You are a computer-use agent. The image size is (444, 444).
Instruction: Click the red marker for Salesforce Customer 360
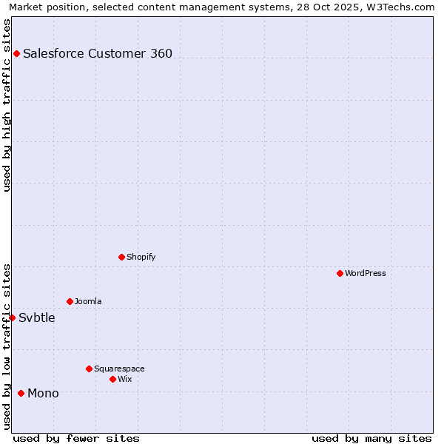(x=16, y=53)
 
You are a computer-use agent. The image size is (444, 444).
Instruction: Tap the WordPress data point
(x=340, y=273)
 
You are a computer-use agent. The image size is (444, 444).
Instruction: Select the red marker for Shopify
(x=121, y=257)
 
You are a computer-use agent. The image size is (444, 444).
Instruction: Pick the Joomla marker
(x=70, y=301)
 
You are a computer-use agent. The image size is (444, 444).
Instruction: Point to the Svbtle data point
(x=12, y=317)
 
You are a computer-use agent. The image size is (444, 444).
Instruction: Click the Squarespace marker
(x=89, y=369)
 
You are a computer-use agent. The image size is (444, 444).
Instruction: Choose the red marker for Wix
(x=112, y=379)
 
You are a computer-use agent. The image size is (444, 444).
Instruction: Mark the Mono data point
(x=21, y=393)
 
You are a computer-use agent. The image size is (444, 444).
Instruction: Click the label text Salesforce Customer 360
(x=98, y=53)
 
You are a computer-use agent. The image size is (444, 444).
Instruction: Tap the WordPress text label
(x=366, y=273)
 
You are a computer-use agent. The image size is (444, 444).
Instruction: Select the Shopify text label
(x=141, y=257)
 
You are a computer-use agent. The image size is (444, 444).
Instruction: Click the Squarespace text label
(x=119, y=369)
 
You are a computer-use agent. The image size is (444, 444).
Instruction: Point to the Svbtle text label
(x=37, y=317)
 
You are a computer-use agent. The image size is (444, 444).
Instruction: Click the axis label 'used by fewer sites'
(x=76, y=438)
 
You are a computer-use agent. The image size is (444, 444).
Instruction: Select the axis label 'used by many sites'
(x=371, y=438)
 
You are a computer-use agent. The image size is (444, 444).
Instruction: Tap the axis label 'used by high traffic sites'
(x=7, y=105)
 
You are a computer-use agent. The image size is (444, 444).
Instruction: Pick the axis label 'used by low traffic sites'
(x=7, y=346)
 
